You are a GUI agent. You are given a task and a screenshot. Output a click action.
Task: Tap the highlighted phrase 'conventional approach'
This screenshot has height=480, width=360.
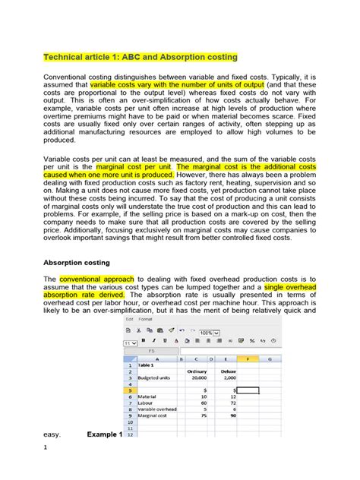[93, 279]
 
